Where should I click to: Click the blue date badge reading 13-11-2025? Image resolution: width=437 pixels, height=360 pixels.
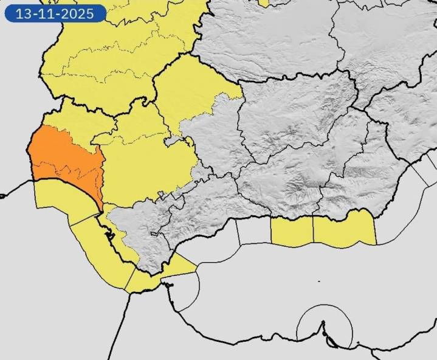tap(54, 13)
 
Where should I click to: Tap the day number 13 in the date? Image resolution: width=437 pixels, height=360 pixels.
tap(22, 13)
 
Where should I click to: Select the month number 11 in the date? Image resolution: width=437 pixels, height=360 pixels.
tap(46, 13)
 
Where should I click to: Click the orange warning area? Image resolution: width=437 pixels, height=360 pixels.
tap(61, 158)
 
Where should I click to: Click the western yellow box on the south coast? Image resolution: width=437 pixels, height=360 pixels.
tap(292, 231)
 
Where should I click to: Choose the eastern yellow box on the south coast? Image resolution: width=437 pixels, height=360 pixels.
tap(344, 230)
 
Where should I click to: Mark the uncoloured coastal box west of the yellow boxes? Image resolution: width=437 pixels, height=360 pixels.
tap(253, 231)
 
